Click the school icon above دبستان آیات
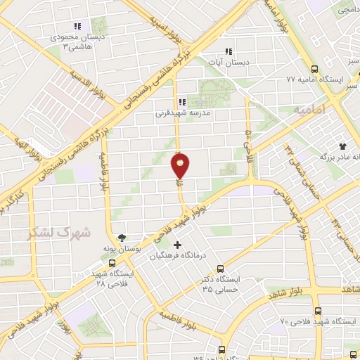click(x=228, y=51)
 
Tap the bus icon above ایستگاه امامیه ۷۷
click(x=314, y=69)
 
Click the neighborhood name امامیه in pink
click(x=308, y=110)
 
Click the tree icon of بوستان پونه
click(x=121, y=238)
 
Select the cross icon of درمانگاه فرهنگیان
click(x=176, y=245)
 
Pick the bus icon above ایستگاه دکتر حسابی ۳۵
click(x=220, y=269)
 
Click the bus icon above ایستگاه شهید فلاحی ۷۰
click(x=318, y=310)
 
